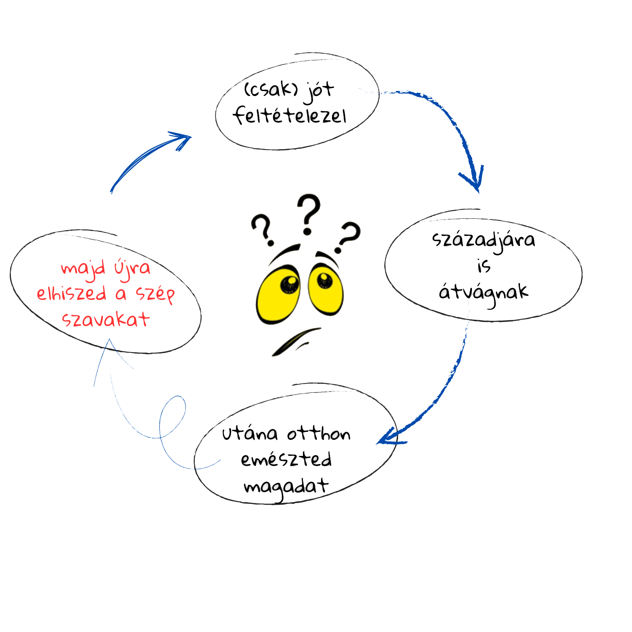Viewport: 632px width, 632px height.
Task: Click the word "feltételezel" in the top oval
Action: click(290, 116)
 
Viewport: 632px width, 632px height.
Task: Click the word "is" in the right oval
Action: click(484, 266)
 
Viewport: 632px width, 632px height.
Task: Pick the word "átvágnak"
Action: click(483, 293)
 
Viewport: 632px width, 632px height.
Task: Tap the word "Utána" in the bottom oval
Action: click(250, 434)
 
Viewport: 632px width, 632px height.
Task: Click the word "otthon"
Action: click(319, 434)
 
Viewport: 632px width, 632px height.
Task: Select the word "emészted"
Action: click(287, 460)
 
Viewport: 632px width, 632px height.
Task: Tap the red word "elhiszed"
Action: click(71, 294)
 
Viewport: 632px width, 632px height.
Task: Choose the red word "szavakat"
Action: click(106, 320)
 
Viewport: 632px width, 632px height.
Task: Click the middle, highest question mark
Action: click(308, 214)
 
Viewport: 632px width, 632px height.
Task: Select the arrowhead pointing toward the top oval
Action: click(181, 139)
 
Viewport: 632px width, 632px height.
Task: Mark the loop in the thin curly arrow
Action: click(173, 417)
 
